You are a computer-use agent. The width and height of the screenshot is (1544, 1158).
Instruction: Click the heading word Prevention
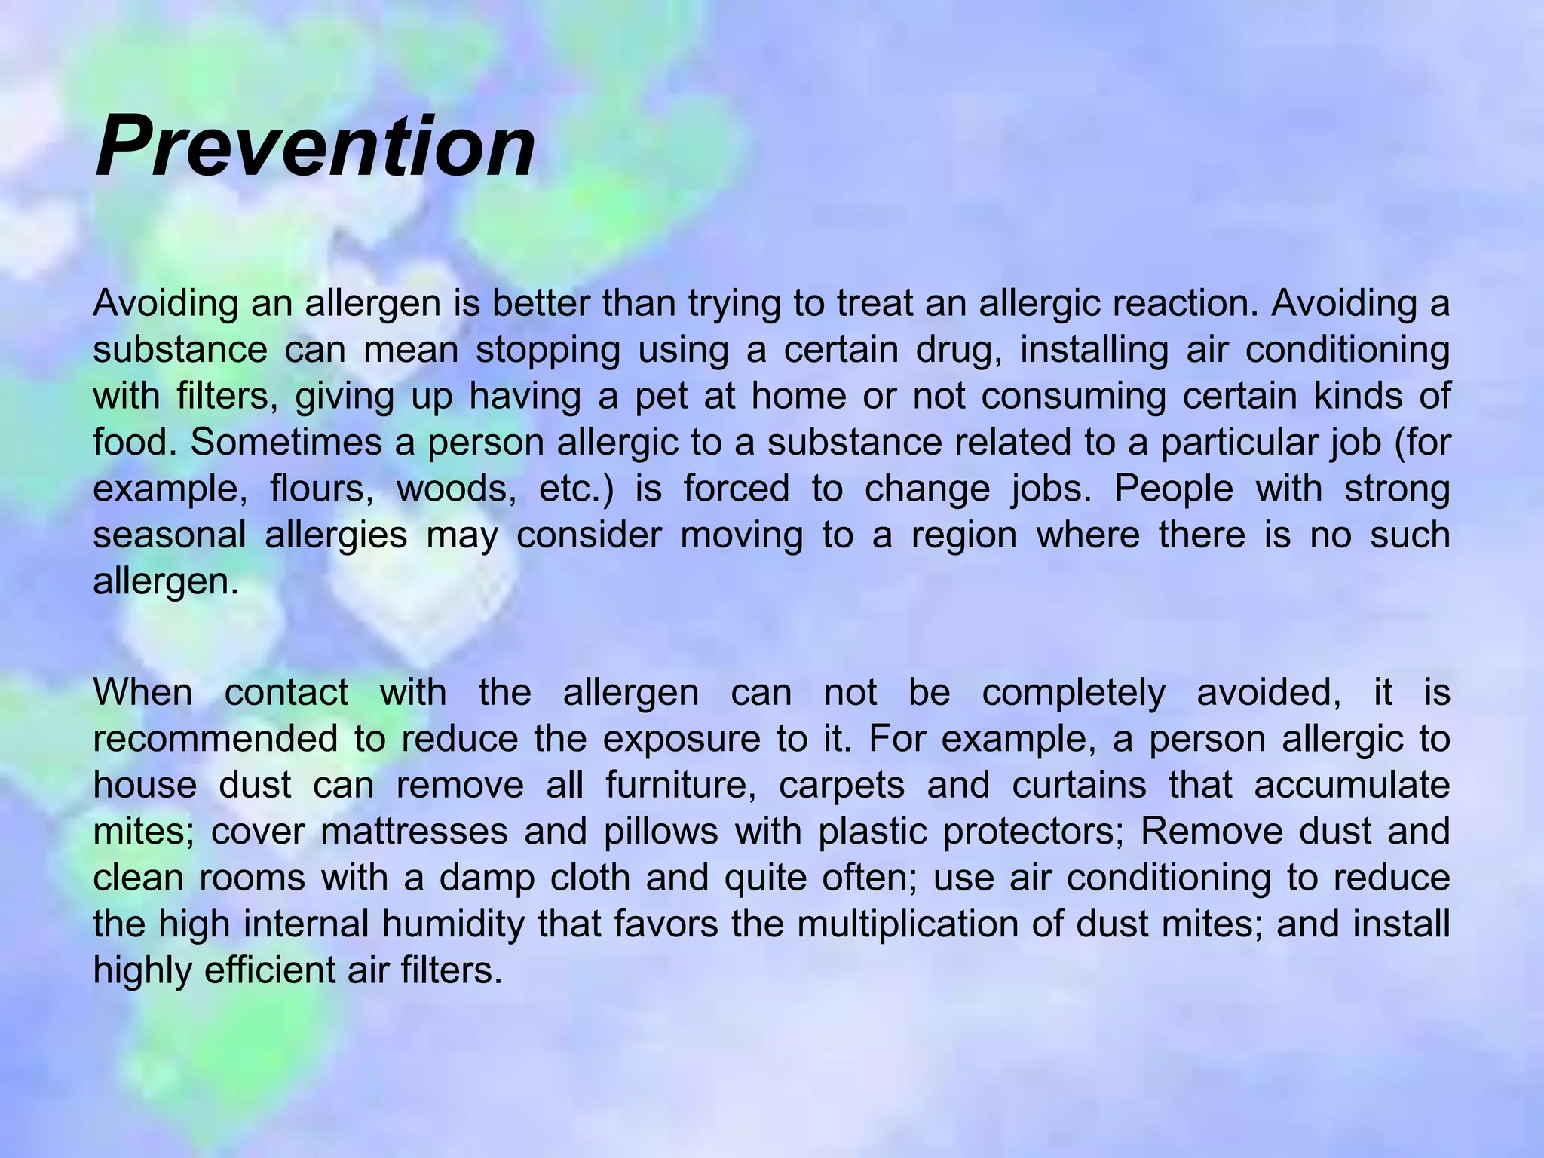pos(315,146)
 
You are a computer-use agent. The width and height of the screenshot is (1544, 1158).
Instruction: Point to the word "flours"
pos(322,489)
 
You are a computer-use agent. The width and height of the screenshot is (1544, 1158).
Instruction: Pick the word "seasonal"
pos(170,535)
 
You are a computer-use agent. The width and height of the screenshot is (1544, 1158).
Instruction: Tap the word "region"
pos(964,535)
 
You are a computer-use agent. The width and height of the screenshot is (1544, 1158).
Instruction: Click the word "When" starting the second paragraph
pos(142,692)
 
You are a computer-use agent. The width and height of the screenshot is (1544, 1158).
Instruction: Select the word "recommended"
pos(216,739)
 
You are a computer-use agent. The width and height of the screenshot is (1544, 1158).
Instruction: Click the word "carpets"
pos(841,786)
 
